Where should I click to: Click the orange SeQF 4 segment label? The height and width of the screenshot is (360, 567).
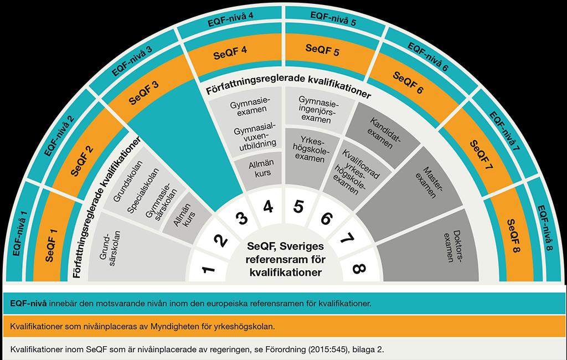pos(230,53)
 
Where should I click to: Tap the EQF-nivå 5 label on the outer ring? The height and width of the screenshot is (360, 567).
pos(333,19)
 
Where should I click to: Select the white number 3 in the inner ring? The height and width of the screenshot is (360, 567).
pos(241,218)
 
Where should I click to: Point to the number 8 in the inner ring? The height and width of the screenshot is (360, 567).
pos(359,268)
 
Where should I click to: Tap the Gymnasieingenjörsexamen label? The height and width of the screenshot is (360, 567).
pos(318,109)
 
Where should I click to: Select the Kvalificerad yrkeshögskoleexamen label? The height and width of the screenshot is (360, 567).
pos(355,172)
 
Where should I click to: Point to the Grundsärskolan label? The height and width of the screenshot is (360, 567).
pos(110,248)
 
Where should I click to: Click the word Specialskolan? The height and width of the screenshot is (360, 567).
pos(143,191)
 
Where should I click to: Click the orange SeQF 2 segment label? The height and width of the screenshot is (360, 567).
pos(82,161)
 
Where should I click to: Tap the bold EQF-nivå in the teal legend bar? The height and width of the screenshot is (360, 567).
pos(28,304)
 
